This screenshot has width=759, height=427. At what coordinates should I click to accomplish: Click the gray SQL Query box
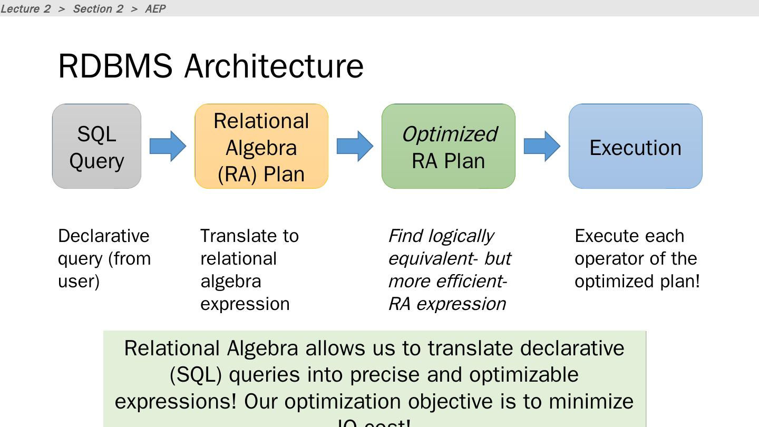click(x=96, y=147)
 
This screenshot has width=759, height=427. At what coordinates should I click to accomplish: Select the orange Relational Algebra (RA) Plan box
click(x=261, y=147)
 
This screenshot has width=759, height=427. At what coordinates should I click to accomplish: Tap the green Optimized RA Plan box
click(x=448, y=147)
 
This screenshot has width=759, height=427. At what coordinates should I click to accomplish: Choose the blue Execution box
click(x=635, y=147)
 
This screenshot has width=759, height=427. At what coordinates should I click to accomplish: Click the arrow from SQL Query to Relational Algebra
click(x=168, y=146)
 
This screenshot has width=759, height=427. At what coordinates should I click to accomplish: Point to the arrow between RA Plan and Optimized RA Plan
click(x=355, y=146)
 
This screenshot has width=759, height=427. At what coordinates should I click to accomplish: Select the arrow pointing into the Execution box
click(x=542, y=146)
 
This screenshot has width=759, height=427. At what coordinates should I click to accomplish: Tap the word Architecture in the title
click(x=274, y=66)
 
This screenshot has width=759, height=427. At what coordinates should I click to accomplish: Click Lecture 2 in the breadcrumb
click(x=25, y=8)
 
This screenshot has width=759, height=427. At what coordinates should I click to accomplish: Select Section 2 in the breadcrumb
click(x=98, y=8)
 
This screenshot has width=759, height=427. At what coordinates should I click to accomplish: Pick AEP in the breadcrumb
click(x=155, y=8)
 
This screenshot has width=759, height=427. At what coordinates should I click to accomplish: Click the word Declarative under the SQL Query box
click(x=104, y=236)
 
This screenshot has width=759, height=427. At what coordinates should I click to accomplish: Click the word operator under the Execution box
click(x=604, y=259)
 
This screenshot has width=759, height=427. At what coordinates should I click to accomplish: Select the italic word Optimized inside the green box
click(x=449, y=134)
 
